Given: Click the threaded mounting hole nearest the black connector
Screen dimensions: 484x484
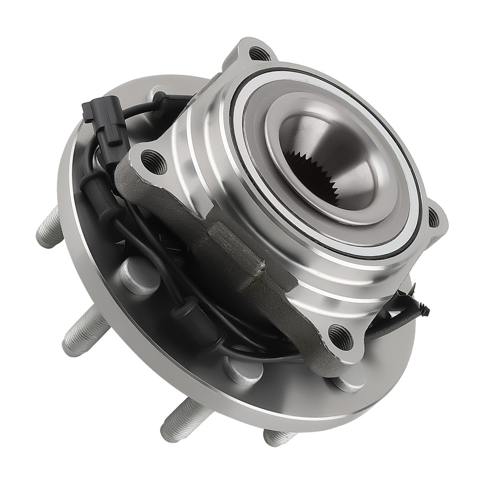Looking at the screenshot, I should point(154,161).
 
